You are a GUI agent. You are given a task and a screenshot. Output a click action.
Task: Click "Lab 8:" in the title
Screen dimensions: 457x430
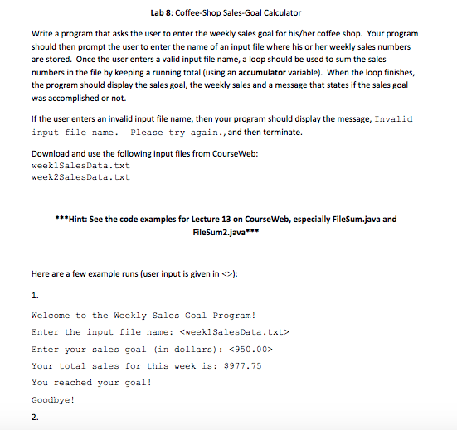(163, 13)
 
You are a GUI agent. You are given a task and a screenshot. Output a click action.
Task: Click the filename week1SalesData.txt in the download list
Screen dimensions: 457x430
(80, 166)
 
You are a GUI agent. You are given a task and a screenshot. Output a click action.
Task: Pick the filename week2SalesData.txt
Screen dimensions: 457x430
(80, 176)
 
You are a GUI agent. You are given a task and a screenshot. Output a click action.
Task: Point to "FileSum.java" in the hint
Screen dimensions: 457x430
(361, 220)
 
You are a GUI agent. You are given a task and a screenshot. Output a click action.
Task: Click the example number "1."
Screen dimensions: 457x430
(35, 294)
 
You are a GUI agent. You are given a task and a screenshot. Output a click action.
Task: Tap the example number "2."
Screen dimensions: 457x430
(35, 418)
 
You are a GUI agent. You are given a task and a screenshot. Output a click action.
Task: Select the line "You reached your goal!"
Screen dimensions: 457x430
(90, 383)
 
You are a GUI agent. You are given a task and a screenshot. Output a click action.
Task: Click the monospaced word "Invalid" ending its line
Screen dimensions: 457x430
(393, 119)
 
